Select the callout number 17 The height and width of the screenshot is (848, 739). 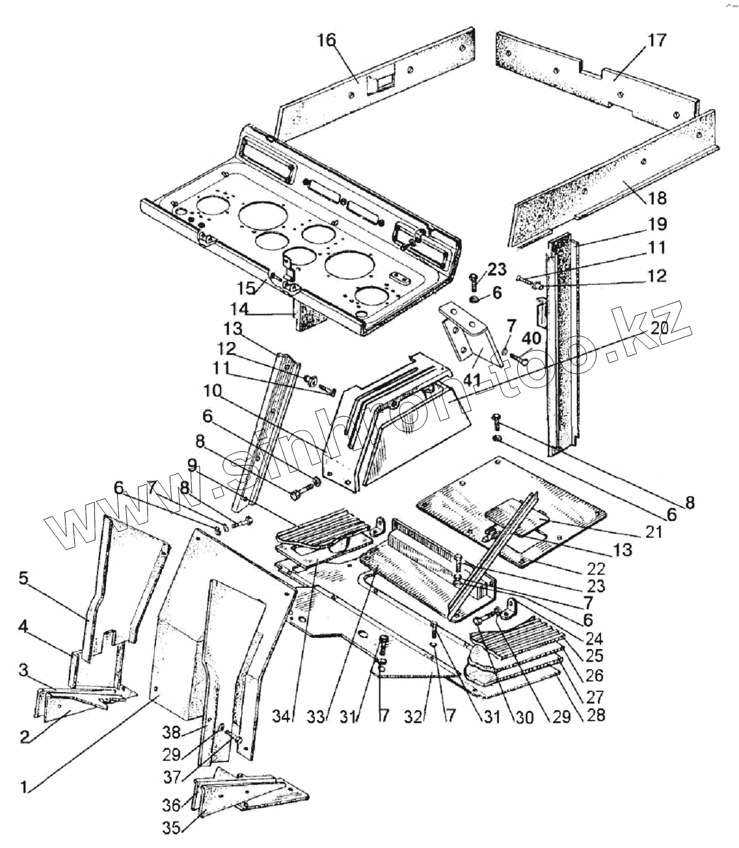(656, 41)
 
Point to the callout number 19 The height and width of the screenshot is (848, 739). (657, 225)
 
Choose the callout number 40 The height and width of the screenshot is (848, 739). (531, 338)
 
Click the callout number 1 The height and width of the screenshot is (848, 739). (24, 787)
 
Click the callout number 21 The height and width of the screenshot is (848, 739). (653, 532)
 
